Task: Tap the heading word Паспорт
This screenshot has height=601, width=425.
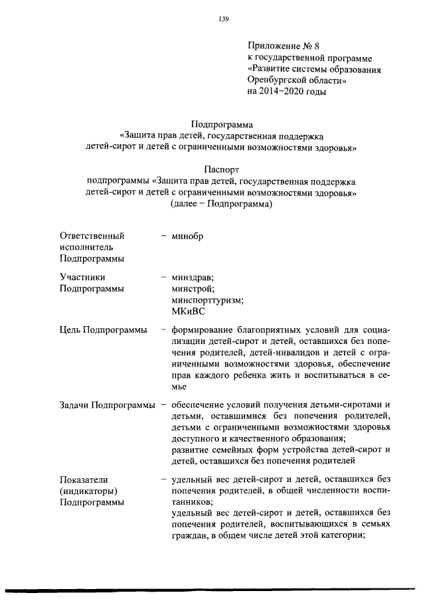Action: pos(222,170)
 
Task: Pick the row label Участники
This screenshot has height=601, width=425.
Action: pos(82,278)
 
